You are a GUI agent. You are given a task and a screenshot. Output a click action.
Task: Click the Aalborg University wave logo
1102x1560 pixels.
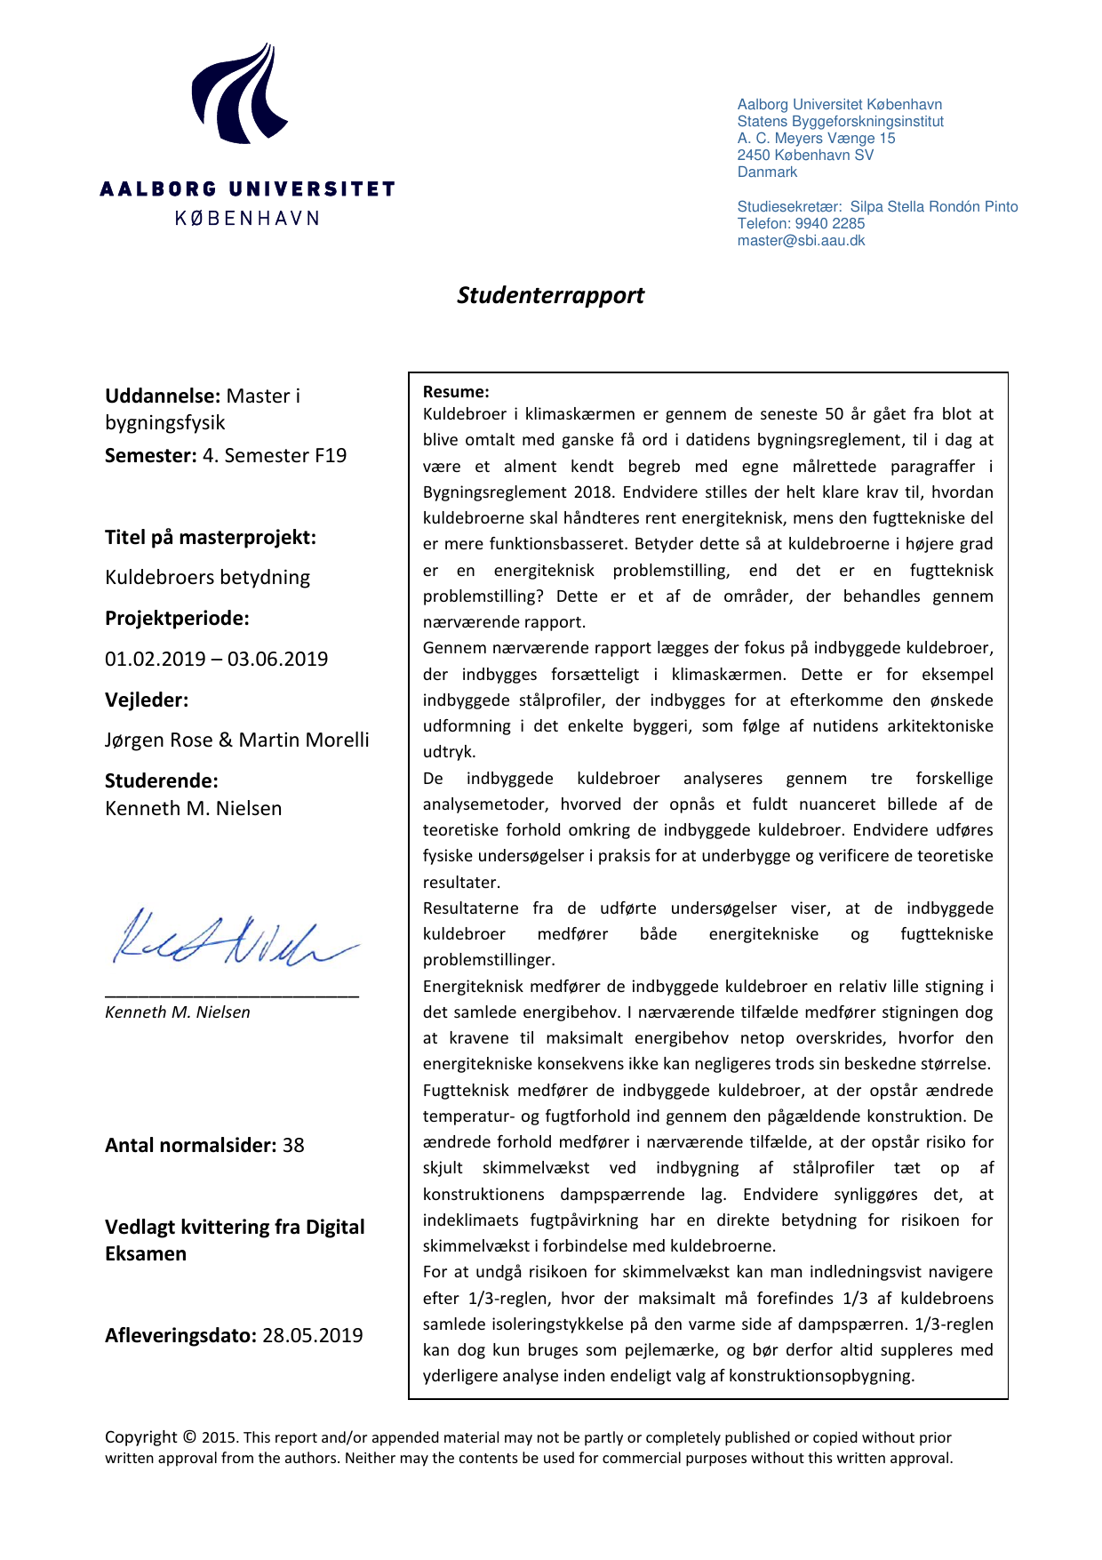click(238, 94)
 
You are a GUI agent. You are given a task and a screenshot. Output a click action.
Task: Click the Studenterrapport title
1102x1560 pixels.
click(550, 295)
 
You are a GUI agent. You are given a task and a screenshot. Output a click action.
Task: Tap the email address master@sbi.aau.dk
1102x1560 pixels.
click(801, 240)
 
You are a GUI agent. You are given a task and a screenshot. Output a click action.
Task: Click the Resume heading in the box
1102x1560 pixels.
click(456, 391)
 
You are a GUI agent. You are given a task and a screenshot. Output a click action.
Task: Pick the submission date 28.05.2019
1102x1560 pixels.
click(313, 1335)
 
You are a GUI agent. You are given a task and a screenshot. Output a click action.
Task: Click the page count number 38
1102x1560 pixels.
click(293, 1145)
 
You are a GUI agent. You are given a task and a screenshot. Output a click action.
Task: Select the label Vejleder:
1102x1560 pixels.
click(147, 700)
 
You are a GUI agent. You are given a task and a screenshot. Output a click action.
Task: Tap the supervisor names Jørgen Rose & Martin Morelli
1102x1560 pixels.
click(237, 740)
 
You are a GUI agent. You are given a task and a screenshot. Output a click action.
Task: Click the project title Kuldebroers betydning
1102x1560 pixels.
click(208, 577)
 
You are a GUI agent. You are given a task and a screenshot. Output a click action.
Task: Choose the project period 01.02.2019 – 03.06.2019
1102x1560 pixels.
click(217, 659)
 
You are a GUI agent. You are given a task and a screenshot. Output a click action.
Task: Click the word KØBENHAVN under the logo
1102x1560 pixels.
click(247, 218)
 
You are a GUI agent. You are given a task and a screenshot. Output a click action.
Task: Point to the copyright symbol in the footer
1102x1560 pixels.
click(189, 1436)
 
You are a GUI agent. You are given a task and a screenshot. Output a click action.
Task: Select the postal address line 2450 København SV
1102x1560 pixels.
click(805, 155)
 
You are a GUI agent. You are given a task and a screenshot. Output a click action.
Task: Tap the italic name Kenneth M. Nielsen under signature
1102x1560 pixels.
click(178, 1012)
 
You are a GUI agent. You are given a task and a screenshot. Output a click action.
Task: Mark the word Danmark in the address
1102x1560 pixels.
click(767, 172)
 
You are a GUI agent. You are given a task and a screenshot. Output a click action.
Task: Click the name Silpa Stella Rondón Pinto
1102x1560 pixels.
click(934, 206)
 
